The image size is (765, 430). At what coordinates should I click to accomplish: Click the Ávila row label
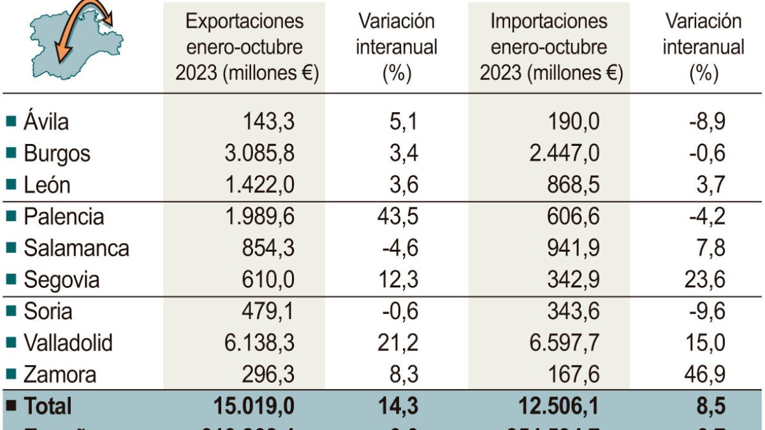[x=46, y=121]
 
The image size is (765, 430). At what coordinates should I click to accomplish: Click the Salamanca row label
[x=76, y=248]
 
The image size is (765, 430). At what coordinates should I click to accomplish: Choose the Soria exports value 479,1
[x=268, y=312]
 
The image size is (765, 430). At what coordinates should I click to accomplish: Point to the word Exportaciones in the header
[x=245, y=21]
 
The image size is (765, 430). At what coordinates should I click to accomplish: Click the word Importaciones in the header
[x=549, y=21]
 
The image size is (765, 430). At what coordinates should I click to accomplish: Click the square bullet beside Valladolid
[x=11, y=343]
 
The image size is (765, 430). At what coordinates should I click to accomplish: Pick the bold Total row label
[x=48, y=406]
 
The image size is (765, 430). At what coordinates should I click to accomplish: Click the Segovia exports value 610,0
[x=268, y=280]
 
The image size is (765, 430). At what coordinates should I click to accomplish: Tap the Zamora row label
[x=60, y=375]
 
